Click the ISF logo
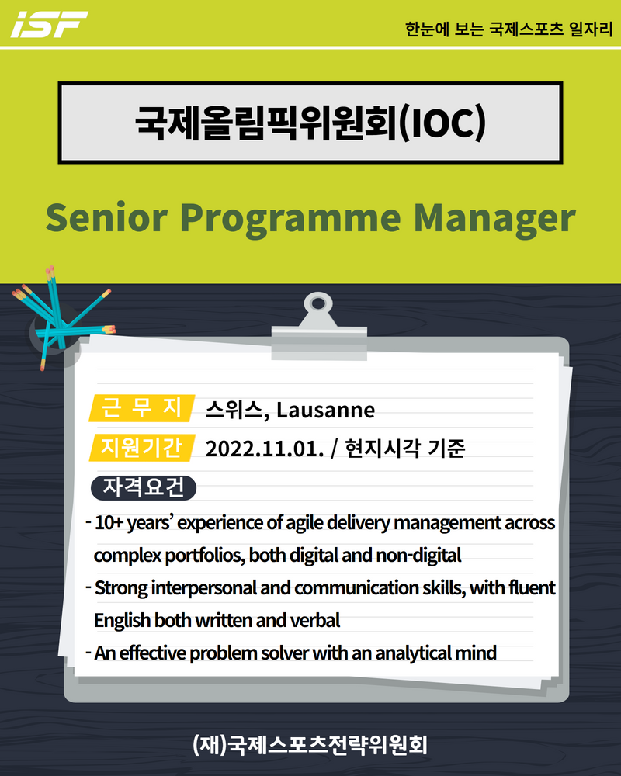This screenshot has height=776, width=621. click(x=50, y=24)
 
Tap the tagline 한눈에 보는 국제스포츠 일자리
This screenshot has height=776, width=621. click(x=508, y=29)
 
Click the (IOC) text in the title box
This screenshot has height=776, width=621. click(x=442, y=123)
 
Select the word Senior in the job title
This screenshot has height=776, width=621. click(x=106, y=217)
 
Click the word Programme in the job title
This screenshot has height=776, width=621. click(x=290, y=220)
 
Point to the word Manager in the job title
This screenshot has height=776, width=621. click(x=494, y=220)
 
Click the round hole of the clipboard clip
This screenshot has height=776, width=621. click(x=318, y=303)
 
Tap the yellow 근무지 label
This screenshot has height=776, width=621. click(x=142, y=408)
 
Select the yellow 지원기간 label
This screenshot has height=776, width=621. click(x=142, y=448)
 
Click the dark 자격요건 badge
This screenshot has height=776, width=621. click(x=144, y=488)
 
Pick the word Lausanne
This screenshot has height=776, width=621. click(x=325, y=411)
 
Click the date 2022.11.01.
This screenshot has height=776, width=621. click(x=265, y=449)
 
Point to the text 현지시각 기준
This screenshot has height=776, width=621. click(x=405, y=449)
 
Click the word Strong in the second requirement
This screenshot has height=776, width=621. click(x=121, y=588)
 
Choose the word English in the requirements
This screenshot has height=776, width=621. click(x=123, y=621)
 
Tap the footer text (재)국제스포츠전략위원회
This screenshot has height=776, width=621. click(x=310, y=745)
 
